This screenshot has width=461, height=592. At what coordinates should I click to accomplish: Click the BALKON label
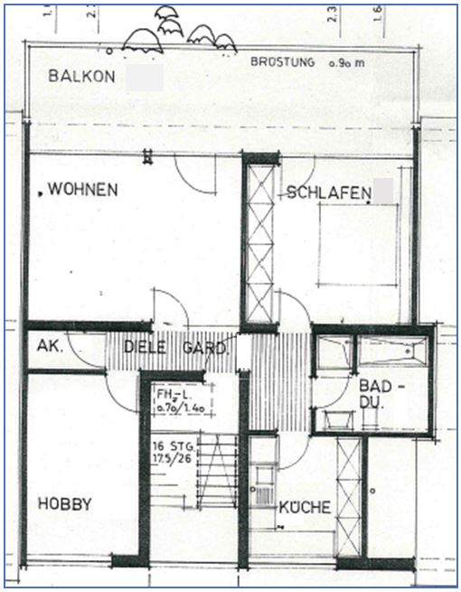82,77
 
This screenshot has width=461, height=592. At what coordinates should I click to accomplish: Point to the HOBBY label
64,504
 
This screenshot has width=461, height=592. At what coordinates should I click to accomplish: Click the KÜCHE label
304,507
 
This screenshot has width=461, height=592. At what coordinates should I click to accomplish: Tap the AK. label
47,345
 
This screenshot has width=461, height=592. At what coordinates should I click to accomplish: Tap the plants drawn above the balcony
177,32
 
